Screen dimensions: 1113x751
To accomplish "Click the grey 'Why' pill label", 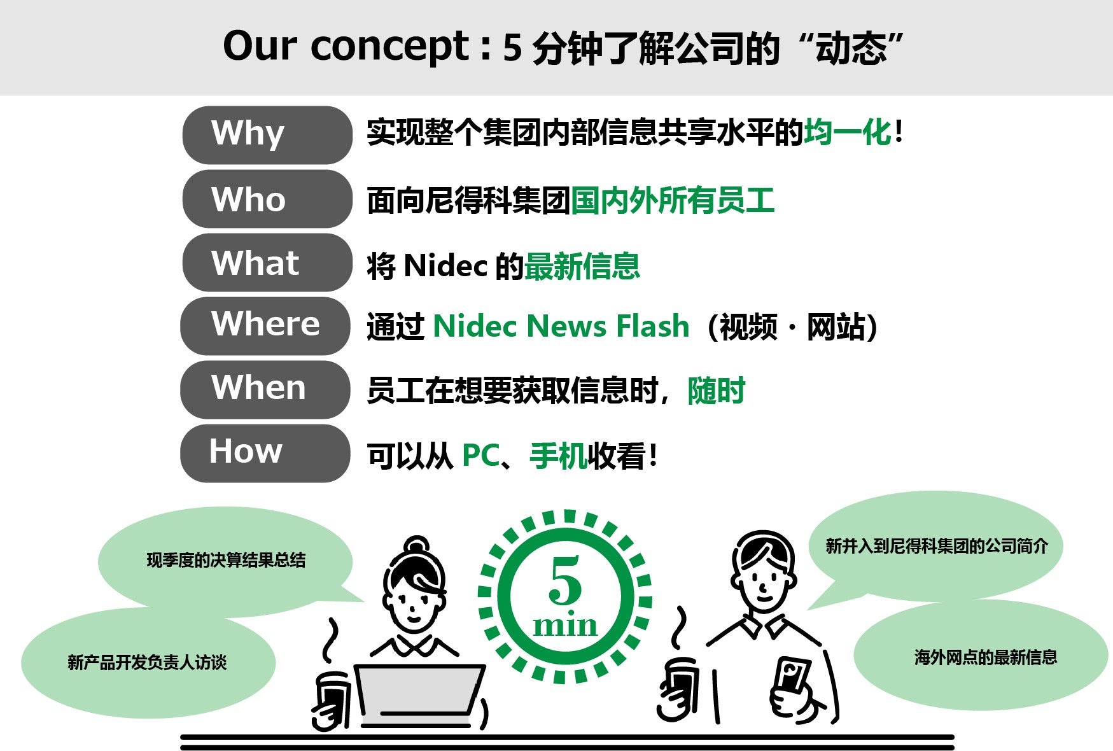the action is (x=267, y=135).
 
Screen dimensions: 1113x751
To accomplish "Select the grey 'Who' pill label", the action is (x=267, y=199).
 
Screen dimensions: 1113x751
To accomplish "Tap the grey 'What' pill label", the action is (x=267, y=262).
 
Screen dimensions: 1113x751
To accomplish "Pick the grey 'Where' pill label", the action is (x=265, y=326).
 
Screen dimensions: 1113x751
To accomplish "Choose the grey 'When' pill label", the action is (x=265, y=390).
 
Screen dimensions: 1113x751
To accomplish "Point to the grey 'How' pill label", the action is (x=265, y=453).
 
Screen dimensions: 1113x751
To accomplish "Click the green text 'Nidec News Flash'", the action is (x=561, y=326).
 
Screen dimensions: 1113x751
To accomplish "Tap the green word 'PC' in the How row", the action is (x=480, y=456).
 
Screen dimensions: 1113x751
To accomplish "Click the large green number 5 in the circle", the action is (x=564, y=580).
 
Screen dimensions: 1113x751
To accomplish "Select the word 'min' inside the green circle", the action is (x=565, y=625).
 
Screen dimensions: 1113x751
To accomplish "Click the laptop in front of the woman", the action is (x=419, y=696).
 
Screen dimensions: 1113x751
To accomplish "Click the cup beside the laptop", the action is (x=332, y=700).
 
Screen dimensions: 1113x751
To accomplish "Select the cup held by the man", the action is (x=679, y=689).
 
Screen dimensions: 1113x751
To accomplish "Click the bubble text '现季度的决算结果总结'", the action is (x=226, y=560).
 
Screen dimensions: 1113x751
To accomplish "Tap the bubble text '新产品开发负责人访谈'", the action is (x=147, y=663).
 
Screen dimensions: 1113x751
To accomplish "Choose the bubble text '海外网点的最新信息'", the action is (x=986, y=657).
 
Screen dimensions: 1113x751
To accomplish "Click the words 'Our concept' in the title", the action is (x=347, y=47).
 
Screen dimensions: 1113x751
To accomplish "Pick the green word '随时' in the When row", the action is (x=717, y=391).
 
